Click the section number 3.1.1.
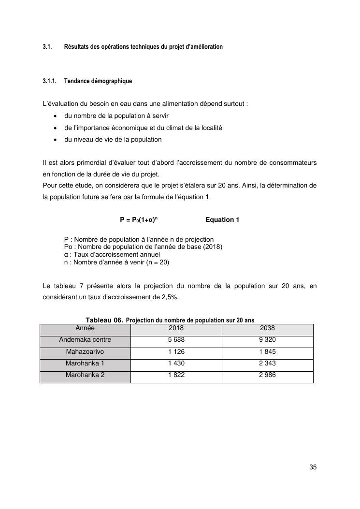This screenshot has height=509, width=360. click(x=49, y=81)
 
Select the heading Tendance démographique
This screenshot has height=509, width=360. click(x=98, y=81)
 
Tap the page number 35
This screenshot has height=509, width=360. click(x=313, y=467)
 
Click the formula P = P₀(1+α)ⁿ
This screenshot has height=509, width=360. click(x=139, y=220)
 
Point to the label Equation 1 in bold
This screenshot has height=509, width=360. click(x=222, y=220)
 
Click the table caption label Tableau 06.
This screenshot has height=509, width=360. click(x=104, y=320)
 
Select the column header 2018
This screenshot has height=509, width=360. click(x=176, y=328)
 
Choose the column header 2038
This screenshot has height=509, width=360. click(x=267, y=328)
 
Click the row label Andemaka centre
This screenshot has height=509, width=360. click(x=85, y=340)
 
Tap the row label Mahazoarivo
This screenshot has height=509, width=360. click(x=85, y=351)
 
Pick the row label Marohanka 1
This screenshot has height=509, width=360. click(x=85, y=363)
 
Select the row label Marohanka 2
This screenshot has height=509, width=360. click(x=85, y=375)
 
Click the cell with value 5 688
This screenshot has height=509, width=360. click(x=176, y=340)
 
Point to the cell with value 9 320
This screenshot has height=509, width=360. click(x=267, y=340)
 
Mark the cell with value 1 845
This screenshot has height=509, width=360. click(x=267, y=351)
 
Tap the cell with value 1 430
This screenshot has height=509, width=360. click(x=176, y=363)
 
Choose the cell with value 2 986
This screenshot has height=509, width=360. click(x=267, y=375)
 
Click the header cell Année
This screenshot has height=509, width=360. click(x=85, y=328)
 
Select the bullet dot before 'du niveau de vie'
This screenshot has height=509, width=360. click(x=56, y=140)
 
